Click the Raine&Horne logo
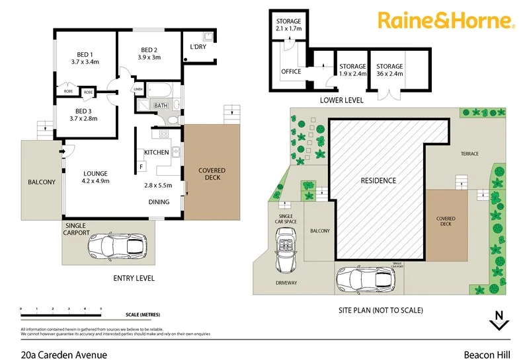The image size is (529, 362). click(446, 20)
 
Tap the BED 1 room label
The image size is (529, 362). click(83, 54)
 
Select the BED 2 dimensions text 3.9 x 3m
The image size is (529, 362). click(149, 58)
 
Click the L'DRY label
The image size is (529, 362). click(198, 47)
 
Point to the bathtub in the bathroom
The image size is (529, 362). click(159, 90)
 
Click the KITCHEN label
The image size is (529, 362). click(157, 153)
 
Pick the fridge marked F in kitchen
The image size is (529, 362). click(141, 168)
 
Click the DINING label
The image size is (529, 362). click(158, 202)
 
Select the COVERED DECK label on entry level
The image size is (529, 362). click(212, 174)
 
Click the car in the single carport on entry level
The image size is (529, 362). click(116, 246)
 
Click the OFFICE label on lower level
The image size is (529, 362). click(291, 71)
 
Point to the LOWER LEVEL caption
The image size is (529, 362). click(341, 100)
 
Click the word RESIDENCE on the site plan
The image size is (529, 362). click(378, 180)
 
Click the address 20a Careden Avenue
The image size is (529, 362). click(63, 355)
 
